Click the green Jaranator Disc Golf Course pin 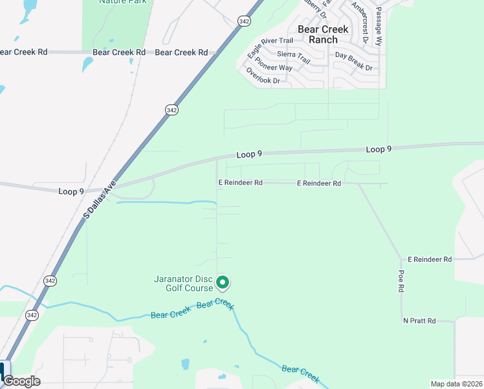(x=223, y=283)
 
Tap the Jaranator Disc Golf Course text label (x=183, y=284)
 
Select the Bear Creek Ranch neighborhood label (x=323, y=34)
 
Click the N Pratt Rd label (x=420, y=321)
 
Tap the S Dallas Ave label (x=99, y=203)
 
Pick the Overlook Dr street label (x=263, y=77)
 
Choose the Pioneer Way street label (x=274, y=64)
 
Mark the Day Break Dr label (x=353, y=62)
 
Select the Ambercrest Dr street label (x=360, y=21)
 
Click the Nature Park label (x=123, y=2)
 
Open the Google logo (x=21, y=381)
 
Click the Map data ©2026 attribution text (x=456, y=384)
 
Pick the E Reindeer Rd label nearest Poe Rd (x=430, y=259)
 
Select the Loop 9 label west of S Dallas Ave (x=71, y=191)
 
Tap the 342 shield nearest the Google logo (x=32, y=314)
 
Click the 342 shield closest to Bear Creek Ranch (x=243, y=21)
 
